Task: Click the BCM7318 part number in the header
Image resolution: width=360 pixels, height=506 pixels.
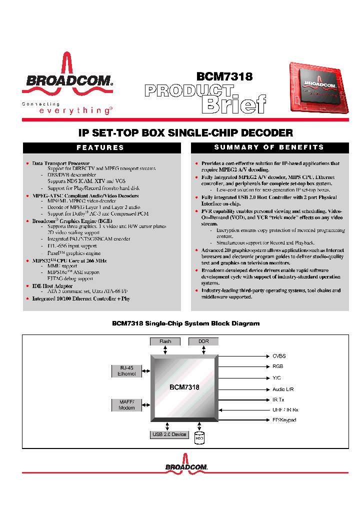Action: coord(224,76)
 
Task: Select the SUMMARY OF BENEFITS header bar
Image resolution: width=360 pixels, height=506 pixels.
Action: coord(269,147)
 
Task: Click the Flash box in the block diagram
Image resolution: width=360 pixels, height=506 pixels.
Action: coord(165,341)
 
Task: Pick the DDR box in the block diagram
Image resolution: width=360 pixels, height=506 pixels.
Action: coord(203,341)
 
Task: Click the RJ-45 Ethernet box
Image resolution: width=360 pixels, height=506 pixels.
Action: coord(126,370)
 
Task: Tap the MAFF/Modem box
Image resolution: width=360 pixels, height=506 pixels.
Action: coord(126,404)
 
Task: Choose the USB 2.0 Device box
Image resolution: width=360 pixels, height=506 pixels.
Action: coord(169,434)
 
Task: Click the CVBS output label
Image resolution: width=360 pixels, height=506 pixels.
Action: coord(279,356)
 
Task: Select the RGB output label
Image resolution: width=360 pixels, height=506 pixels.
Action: coord(277,366)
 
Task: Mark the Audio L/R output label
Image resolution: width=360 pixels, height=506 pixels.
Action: coord(283,389)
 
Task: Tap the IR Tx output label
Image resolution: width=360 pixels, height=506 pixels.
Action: coord(278,399)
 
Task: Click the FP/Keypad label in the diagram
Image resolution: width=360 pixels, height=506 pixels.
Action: coord(284,420)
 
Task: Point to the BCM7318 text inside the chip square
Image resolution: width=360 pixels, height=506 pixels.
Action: coord(184,387)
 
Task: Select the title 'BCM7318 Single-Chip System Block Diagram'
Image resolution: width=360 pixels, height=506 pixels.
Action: coord(185,323)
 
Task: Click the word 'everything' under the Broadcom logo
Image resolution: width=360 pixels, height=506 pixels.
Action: coord(75,111)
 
